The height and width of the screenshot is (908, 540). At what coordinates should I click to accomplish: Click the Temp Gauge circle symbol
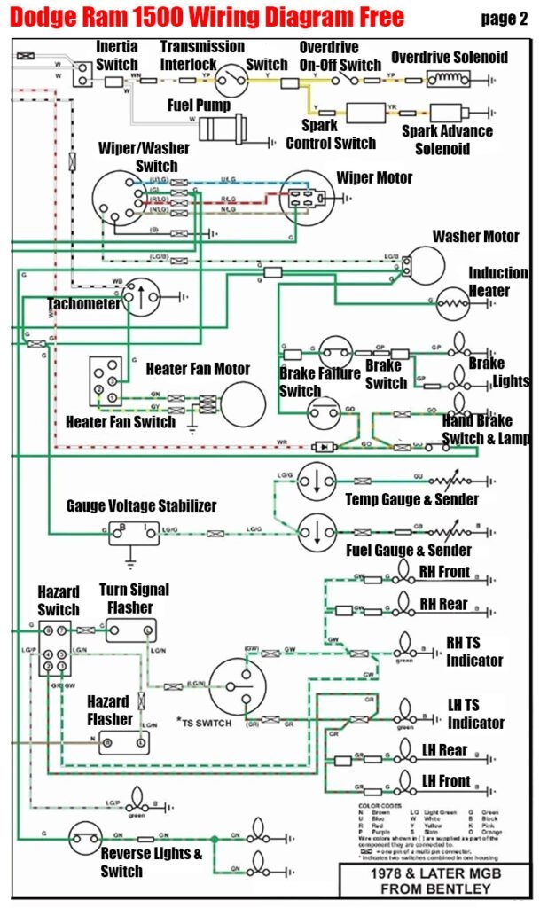click(315, 482)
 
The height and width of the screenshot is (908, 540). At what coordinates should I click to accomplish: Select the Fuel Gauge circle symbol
click(315, 531)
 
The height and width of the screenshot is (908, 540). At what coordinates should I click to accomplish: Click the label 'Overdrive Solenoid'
click(450, 58)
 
